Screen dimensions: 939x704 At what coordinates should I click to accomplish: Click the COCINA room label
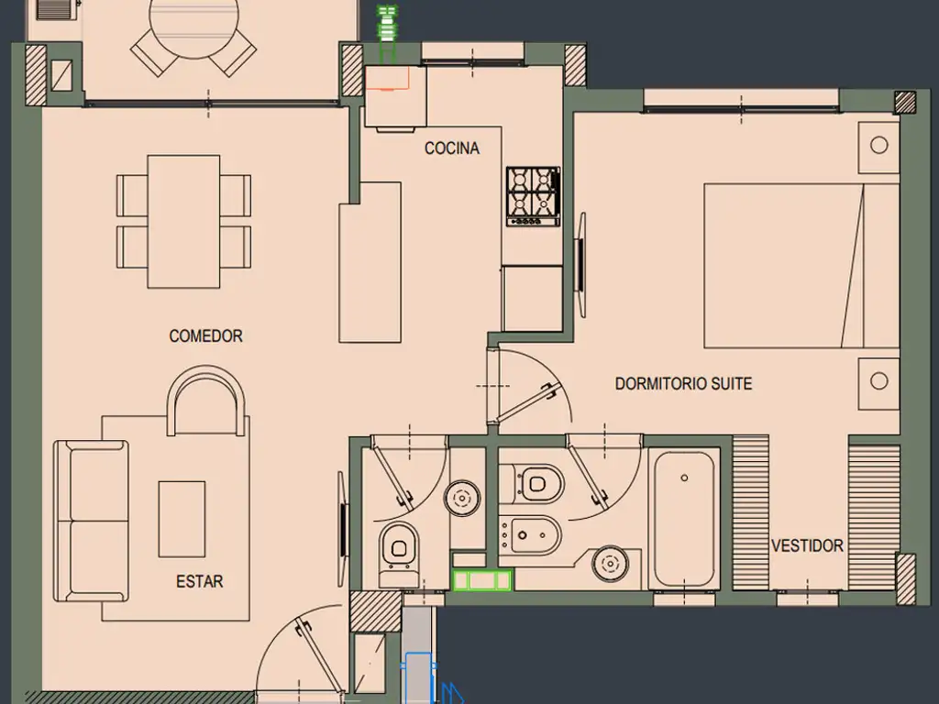coord(452,148)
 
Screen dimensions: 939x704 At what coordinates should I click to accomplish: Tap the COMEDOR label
coord(206,335)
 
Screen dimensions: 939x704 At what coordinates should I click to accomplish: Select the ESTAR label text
coord(199,581)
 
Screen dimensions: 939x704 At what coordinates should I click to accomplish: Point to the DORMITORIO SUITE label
coord(683,384)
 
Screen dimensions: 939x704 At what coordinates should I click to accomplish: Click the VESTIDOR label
coord(807,546)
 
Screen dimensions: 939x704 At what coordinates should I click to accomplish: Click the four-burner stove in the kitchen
coord(534,196)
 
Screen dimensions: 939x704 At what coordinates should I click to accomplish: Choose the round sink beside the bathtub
coord(610,564)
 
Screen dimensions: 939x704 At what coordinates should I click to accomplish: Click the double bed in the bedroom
coord(801,266)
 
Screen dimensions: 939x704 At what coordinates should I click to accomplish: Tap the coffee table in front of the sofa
coord(182,519)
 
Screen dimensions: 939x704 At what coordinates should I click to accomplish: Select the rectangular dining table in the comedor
coord(183,222)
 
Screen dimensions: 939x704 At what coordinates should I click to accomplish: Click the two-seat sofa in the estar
coord(91,521)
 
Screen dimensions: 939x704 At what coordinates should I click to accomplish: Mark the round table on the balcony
coord(193,21)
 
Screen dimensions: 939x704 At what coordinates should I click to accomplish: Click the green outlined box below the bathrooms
coord(482,580)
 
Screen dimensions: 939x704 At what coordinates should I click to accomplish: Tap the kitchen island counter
coord(370,262)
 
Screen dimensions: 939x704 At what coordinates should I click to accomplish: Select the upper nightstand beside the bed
coord(878,146)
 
